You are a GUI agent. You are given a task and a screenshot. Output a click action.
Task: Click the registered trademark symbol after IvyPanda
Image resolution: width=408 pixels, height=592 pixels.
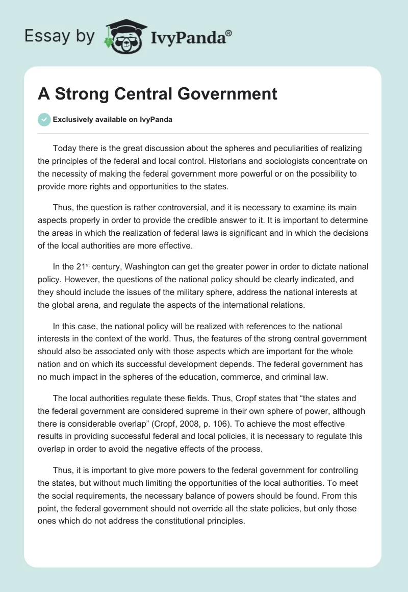(229, 33)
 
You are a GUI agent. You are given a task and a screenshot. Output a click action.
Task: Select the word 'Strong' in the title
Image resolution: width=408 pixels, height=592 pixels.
(80, 94)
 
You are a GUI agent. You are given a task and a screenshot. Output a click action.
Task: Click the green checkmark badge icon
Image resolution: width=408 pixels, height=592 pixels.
(44, 119)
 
